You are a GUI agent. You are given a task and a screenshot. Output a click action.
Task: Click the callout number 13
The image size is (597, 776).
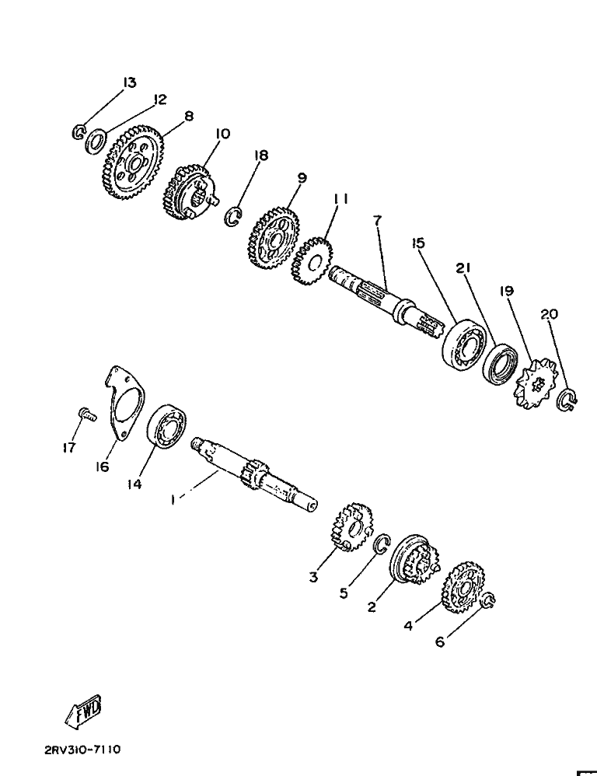(x=129, y=82)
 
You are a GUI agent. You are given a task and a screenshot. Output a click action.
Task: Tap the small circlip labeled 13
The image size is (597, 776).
(x=79, y=132)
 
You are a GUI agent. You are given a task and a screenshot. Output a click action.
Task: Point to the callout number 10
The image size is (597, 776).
(x=222, y=134)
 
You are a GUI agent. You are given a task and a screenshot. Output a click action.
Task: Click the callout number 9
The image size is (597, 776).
(x=302, y=177)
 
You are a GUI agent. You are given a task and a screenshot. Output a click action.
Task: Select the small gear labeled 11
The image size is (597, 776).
(x=312, y=262)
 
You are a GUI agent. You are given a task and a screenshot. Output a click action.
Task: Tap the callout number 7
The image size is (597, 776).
(x=377, y=221)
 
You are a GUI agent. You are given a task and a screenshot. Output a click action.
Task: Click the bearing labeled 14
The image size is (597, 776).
(x=168, y=427)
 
